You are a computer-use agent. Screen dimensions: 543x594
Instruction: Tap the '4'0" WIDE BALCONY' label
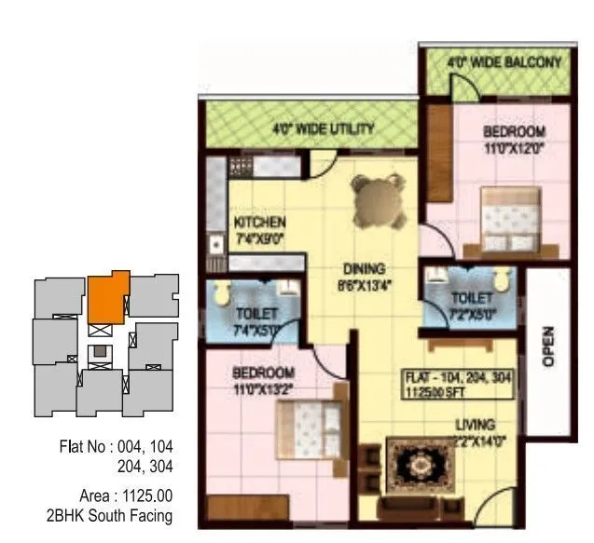(x=504, y=63)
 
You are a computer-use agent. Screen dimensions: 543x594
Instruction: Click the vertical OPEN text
(x=548, y=345)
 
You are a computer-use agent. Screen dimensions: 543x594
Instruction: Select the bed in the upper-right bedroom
(x=508, y=221)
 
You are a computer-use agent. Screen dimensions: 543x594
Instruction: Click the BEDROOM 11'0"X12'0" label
(x=513, y=140)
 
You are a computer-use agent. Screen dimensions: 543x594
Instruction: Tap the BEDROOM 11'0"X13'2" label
(x=263, y=380)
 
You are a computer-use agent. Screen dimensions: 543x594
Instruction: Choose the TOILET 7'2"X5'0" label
(x=471, y=303)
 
